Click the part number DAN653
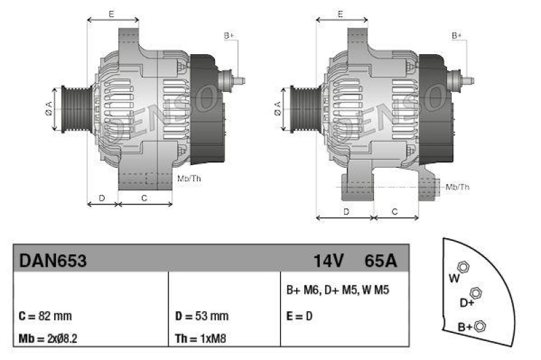(53, 261)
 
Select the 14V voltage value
(329, 261)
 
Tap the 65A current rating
(381, 261)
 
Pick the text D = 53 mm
(202, 316)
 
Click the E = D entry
(298, 316)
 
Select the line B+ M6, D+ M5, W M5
(337, 290)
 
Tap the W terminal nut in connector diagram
(464, 267)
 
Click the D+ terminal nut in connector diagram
(475, 292)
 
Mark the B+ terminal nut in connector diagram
(481, 327)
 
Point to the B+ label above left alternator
(229, 35)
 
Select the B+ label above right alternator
(457, 35)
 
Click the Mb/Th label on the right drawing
(458, 186)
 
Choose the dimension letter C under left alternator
(144, 198)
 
